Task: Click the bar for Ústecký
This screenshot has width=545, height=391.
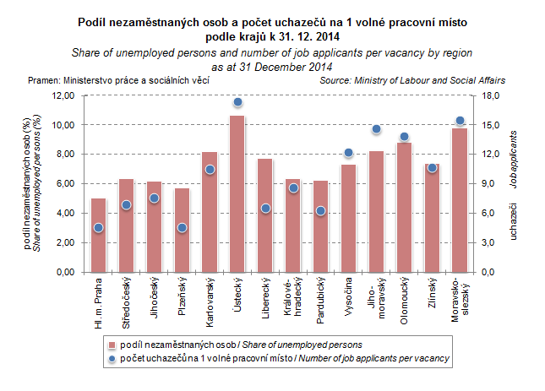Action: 237,194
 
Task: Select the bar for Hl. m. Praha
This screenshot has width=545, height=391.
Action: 99,236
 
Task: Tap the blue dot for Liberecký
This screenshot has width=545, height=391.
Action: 265,208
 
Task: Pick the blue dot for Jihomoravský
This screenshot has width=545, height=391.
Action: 377,129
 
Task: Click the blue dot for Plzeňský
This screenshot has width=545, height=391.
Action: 182,227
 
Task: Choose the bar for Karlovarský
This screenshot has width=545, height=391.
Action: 210,212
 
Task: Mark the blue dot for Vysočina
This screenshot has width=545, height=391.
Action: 348,153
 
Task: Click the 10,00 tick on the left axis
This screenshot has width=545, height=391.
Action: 63,125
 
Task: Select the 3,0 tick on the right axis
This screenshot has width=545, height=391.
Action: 494,243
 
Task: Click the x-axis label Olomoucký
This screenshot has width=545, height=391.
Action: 405,296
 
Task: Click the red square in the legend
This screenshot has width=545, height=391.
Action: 113,345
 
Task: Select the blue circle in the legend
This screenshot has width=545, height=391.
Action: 113,359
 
